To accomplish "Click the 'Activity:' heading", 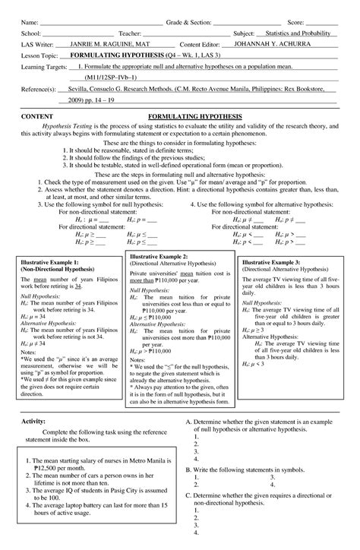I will [x=33, y=419].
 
